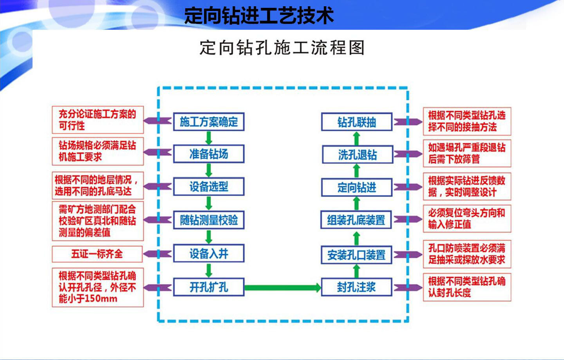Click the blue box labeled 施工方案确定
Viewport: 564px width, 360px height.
[209, 122]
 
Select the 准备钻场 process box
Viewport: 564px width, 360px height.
[209, 154]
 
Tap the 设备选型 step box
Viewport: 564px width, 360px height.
[209, 186]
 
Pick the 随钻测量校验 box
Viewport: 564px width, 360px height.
[209, 220]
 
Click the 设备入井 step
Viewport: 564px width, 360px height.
[209, 254]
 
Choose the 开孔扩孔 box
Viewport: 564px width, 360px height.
[209, 287]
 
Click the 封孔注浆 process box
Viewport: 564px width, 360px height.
[356, 287]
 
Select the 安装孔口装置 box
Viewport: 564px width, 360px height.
[356, 255]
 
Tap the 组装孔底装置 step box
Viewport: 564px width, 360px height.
[356, 220]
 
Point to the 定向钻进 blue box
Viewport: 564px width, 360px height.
[356, 188]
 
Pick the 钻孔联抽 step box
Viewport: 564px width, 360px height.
[356, 122]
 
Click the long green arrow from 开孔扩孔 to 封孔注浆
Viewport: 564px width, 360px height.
[282, 288]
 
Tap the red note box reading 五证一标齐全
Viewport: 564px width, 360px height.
[97, 254]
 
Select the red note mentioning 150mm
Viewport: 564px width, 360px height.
[98, 287]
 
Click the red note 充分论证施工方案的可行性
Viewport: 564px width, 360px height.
[98, 120]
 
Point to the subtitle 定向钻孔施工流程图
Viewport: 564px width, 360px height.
[282, 48]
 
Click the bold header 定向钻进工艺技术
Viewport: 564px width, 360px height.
[259, 16]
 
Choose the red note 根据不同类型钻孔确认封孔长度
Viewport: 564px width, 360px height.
[467, 287]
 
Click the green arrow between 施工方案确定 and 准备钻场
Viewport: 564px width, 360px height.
[209, 137]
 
